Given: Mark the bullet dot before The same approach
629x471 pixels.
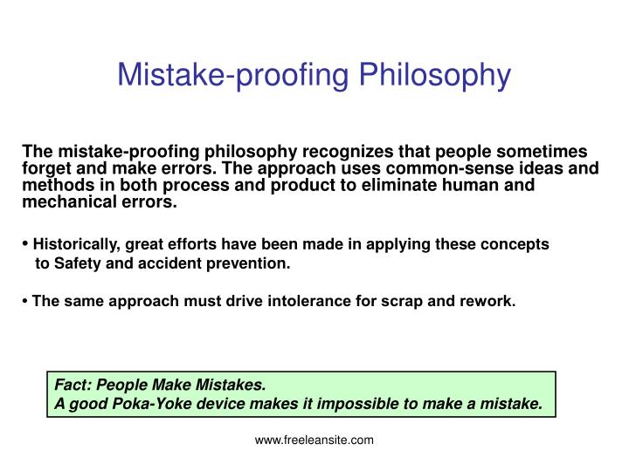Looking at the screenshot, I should pyautogui.click(x=26, y=302).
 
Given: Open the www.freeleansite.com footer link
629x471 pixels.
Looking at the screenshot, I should pyautogui.click(x=314, y=440).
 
